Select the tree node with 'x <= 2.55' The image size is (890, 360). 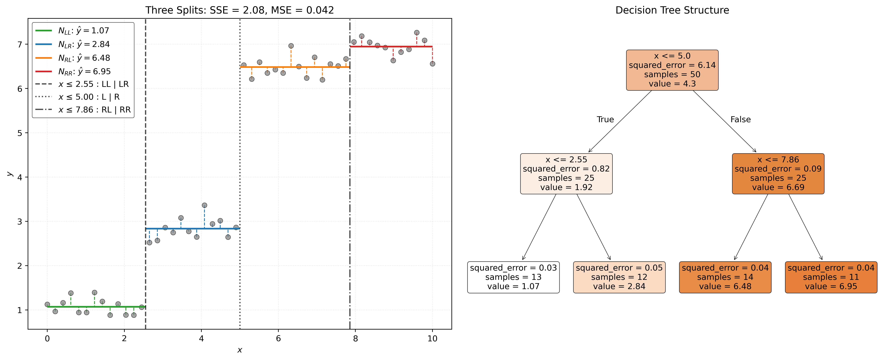[566, 174]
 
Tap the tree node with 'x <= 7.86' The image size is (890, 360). [778, 174]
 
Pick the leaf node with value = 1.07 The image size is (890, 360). [513, 277]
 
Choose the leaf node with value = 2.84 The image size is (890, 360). [619, 277]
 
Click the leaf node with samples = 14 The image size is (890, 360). [725, 277]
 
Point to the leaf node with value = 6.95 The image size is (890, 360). [831, 277]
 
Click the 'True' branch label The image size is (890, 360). [605, 120]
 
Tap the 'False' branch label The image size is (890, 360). [740, 120]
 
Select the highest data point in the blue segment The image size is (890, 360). [204, 205]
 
